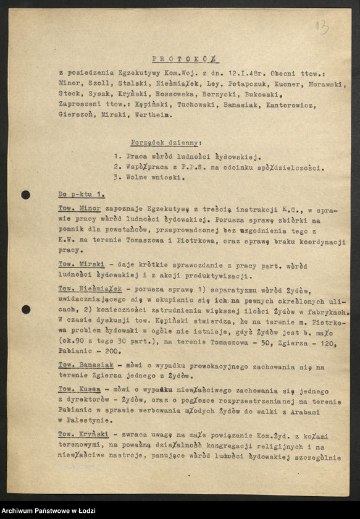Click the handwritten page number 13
click(322, 27)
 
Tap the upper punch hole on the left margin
click(25, 195)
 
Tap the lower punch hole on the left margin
click(25, 309)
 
